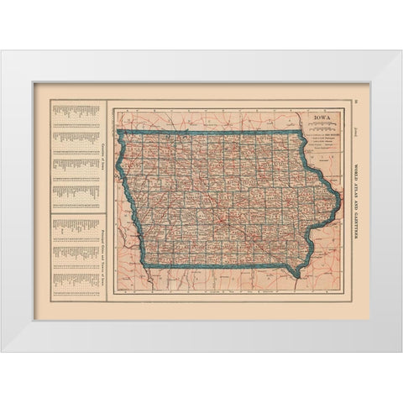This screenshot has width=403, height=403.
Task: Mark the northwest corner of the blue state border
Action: [120, 133]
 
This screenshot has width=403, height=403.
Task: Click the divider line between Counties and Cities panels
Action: [76, 213]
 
